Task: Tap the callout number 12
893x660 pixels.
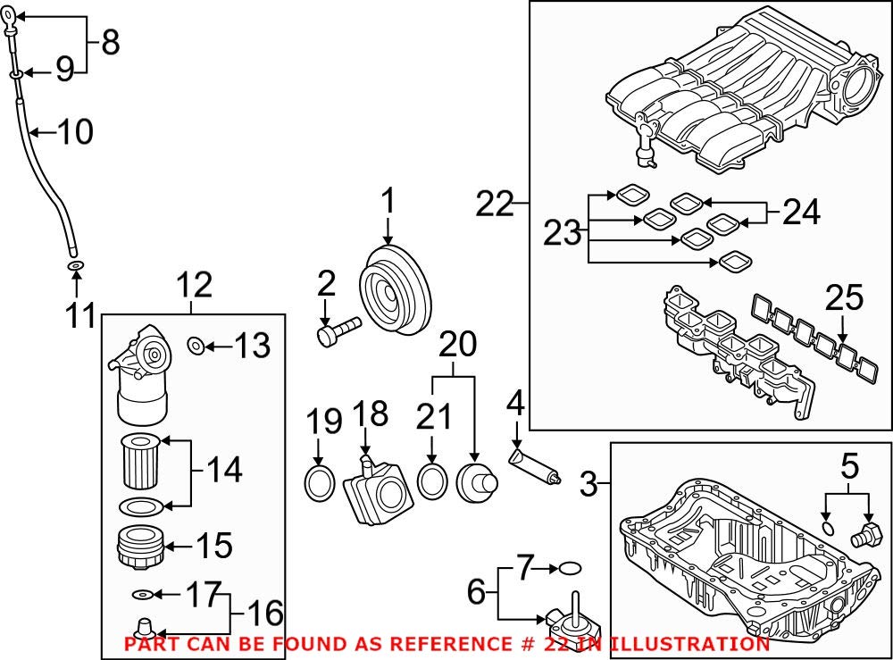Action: tap(194, 286)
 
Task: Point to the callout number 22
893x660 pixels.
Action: tap(496, 205)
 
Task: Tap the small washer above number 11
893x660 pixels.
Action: tap(75, 265)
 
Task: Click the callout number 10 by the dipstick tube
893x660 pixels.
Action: tap(75, 133)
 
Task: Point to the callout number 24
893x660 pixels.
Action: tap(801, 213)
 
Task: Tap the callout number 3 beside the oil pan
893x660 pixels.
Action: tap(588, 487)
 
